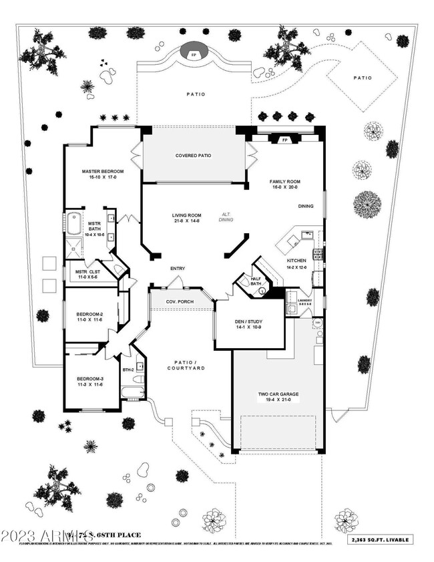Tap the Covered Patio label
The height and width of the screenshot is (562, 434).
193,156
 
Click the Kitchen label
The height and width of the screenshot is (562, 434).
296,260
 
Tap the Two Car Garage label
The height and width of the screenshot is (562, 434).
278,395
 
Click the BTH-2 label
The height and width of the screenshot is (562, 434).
129,370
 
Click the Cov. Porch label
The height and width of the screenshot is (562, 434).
180,301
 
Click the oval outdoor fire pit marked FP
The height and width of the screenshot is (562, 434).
194,54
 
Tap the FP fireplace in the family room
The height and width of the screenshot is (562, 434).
284,140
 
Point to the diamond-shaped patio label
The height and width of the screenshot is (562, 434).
363,78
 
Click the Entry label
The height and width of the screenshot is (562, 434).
178,269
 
